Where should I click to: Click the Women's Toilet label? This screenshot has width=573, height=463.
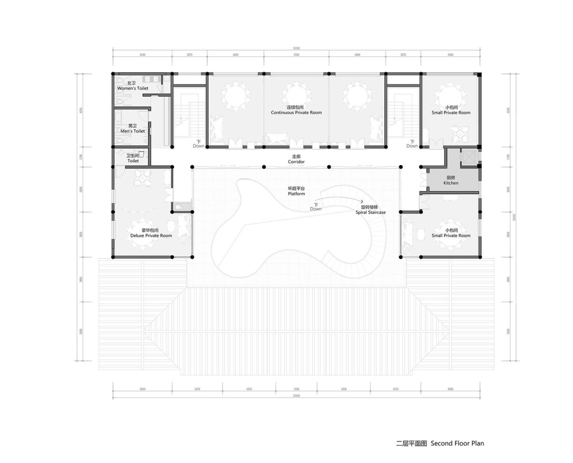tap(133, 88)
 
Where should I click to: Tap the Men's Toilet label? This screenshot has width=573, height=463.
tap(133, 131)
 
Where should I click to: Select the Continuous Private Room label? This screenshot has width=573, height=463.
tap(296, 112)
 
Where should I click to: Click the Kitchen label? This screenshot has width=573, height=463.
tap(451, 183)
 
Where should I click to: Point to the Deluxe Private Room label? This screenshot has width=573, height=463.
tap(151, 236)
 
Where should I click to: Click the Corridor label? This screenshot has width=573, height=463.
tap(296, 161)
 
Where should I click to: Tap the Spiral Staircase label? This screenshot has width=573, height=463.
tap(370, 212)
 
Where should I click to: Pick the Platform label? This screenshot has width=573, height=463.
tap(296, 194)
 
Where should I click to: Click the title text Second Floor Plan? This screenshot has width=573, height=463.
tap(457, 443)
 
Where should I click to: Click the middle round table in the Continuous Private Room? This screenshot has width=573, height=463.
tap(296, 95)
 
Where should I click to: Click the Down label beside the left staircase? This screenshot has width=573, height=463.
tap(198, 146)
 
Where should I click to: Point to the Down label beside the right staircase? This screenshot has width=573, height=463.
tap(412, 146)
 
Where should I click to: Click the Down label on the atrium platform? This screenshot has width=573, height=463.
tap(316, 209)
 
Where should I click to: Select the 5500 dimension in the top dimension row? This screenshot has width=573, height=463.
tap(296, 55)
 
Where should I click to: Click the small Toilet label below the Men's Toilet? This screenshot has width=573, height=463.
tap(133, 161)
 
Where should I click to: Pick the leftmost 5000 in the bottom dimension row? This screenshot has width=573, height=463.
tap(142, 389)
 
